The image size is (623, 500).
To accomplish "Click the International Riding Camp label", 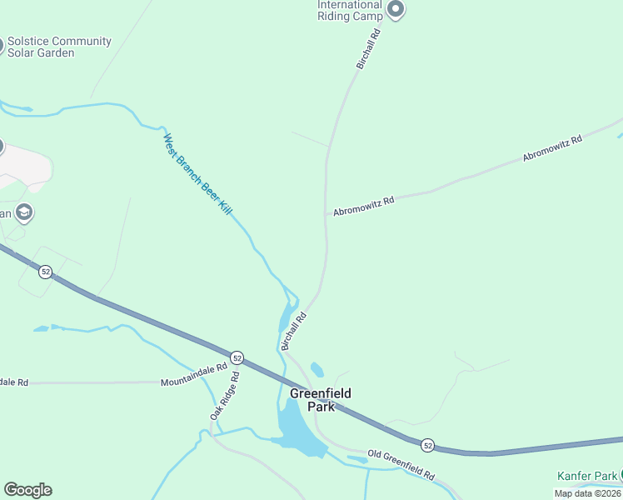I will [x=350, y=10].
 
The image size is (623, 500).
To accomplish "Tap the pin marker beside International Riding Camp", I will [x=396, y=10].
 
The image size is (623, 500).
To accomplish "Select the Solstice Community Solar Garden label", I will [x=58, y=47].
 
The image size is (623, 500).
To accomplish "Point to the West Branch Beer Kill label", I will [x=197, y=175].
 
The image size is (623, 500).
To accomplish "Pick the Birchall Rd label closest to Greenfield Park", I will [x=294, y=330].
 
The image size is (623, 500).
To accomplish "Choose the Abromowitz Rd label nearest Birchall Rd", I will [x=363, y=206].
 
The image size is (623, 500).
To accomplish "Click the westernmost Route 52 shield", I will [x=45, y=272].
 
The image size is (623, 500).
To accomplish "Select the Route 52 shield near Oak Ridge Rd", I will [x=237, y=357].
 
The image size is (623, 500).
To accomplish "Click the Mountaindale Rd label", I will [x=193, y=374].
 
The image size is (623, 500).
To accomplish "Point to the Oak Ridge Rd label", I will [x=224, y=395].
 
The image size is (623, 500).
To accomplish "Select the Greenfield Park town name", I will [x=320, y=399].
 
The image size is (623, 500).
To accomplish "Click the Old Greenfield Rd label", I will [x=401, y=464].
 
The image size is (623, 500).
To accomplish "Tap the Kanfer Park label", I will [x=587, y=476].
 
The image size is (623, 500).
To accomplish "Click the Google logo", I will [x=27, y=490].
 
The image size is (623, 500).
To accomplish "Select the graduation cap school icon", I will [x=24, y=212].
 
